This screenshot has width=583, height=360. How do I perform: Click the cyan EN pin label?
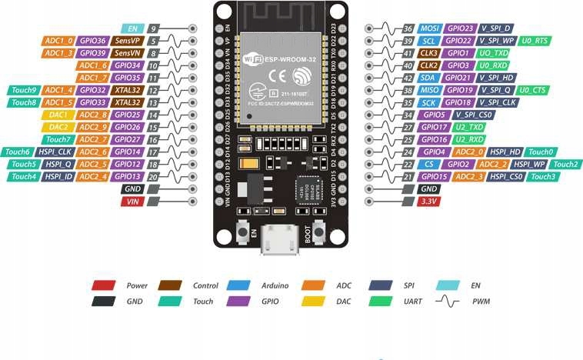click(x=132, y=28)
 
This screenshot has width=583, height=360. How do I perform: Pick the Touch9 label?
click(x=22, y=90)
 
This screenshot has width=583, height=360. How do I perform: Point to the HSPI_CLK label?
click(x=57, y=152)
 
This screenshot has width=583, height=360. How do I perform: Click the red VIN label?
click(x=132, y=202)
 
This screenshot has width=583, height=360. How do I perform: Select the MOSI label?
click(x=430, y=28)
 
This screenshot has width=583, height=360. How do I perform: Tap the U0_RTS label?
click(x=536, y=40)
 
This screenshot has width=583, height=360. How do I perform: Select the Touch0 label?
click(x=541, y=152)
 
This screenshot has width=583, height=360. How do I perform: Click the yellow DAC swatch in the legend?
click(x=314, y=302)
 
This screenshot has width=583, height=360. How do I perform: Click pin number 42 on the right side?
click(x=408, y=77)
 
